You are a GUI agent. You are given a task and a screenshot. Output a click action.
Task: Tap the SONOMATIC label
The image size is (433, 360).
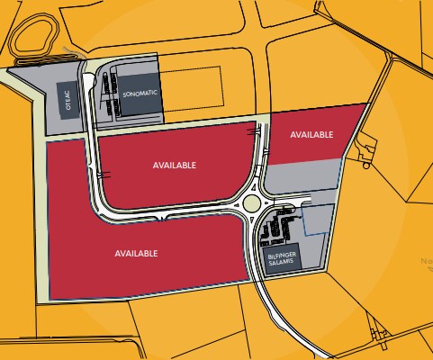[x=140, y=93]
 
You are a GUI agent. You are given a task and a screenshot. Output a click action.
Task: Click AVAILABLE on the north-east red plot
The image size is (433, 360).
[x=312, y=134]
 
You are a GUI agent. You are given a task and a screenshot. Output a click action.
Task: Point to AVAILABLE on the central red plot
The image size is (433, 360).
[x=174, y=166]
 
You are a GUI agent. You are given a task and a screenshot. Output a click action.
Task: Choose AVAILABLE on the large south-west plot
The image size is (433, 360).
[x=137, y=253]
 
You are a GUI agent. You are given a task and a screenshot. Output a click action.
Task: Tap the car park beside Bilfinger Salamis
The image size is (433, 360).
[x=277, y=229]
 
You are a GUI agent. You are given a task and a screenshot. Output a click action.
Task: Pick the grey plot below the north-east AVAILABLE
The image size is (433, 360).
[x=302, y=172]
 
